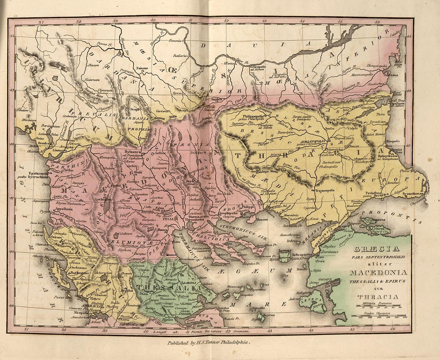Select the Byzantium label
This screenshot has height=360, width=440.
412,193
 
